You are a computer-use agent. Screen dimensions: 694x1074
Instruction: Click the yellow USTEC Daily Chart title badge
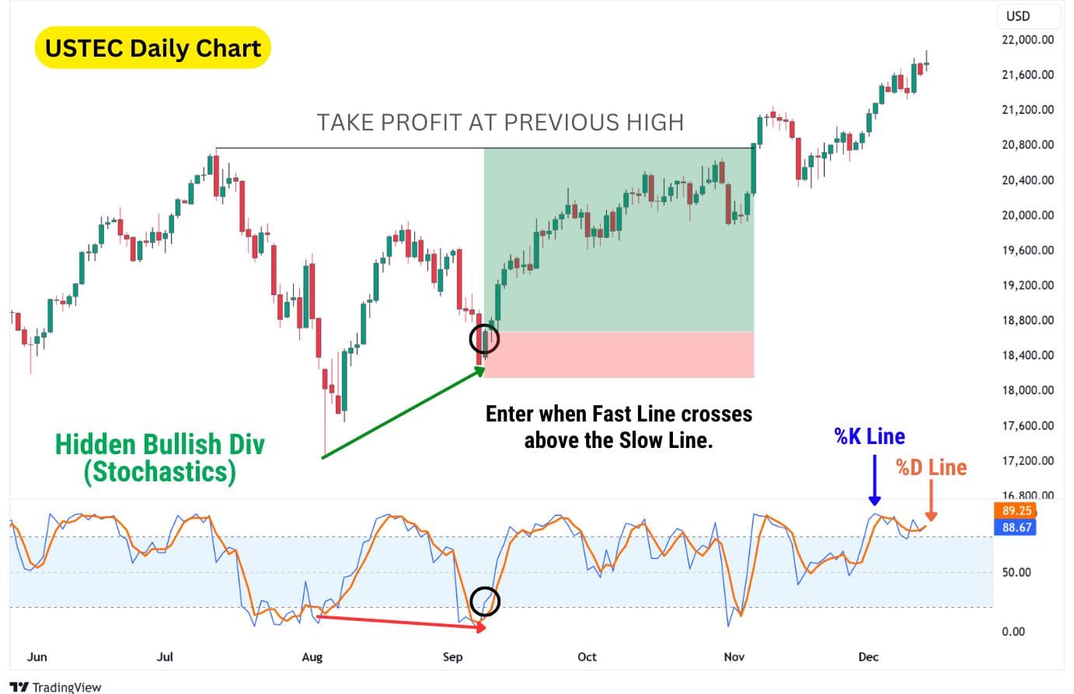point(153,48)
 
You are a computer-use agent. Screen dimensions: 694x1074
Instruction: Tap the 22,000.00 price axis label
point(1027,40)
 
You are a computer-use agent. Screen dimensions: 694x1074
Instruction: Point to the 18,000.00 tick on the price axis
point(1027,390)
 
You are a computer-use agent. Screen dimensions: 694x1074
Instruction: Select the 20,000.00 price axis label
point(1027,215)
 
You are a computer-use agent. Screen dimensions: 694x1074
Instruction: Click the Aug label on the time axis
point(312,657)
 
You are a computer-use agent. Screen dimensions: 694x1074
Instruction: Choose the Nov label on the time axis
point(734,657)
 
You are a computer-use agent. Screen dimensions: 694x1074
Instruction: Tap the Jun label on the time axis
point(37,657)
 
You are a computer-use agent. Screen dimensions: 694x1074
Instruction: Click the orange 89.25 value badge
point(1016,511)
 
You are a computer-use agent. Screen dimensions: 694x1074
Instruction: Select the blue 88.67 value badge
point(1016,527)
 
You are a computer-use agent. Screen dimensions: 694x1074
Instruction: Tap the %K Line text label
point(870,436)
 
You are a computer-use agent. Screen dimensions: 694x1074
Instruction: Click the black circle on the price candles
point(484,339)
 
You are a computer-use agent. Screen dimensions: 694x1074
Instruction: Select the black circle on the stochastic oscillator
point(485,601)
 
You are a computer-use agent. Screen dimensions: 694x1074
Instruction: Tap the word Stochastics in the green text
point(159,472)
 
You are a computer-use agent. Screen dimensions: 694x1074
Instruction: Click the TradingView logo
point(55,686)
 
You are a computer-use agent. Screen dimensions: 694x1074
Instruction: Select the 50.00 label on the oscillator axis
point(1016,572)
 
